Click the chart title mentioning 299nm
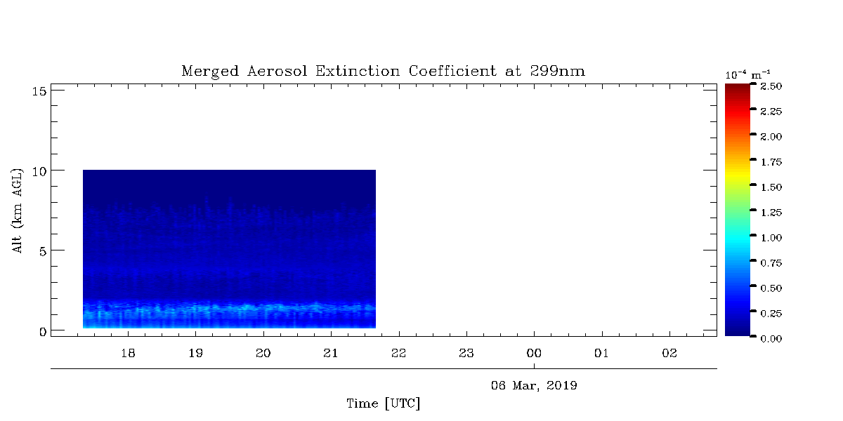click(383, 71)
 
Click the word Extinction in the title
click(358, 71)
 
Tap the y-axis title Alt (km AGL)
click(17, 211)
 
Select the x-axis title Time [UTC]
click(383, 403)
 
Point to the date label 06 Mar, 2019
click(534, 386)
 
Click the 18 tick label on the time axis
click(128, 354)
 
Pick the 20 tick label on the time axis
click(263, 354)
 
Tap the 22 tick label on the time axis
click(399, 354)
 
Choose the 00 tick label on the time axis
click(534, 354)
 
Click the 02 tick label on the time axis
click(669, 354)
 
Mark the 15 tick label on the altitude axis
click(39, 91)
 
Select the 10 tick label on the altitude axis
click(39, 172)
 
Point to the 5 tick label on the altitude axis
click(43, 251)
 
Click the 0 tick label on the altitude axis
click(43, 332)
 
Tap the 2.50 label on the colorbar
click(771, 86)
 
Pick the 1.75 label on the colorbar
click(771, 162)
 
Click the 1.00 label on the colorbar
click(771, 238)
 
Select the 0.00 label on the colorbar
click(771, 339)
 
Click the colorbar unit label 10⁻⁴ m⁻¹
click(747, 75)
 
